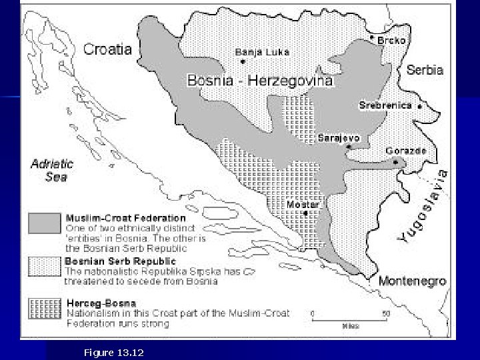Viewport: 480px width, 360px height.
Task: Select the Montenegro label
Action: coord(411,281)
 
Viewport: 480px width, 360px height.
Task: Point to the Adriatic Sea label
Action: coord(53,170)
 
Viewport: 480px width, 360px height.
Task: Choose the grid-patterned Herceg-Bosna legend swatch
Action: coord(44,308)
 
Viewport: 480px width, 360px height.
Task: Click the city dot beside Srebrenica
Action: coord(419,106)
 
